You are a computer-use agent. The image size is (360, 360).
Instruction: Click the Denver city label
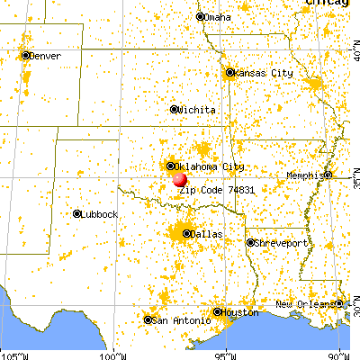tap(44, 55)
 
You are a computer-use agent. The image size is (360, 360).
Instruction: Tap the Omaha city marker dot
tap(201, 16)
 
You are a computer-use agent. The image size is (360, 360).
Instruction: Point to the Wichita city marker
tap(174, 110)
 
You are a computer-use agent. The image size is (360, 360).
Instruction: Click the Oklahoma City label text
tap(208, 166)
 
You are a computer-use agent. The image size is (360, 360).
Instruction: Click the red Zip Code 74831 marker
tap(180, 179)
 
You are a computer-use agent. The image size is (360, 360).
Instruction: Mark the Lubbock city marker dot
tap(76, 213)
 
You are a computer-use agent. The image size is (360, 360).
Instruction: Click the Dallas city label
tap(207, 234)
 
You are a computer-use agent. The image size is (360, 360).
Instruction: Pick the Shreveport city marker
tap(250, 243)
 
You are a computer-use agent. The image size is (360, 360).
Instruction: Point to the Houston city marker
tap(217, 312)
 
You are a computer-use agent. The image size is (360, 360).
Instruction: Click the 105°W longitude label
tap(13, 355)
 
